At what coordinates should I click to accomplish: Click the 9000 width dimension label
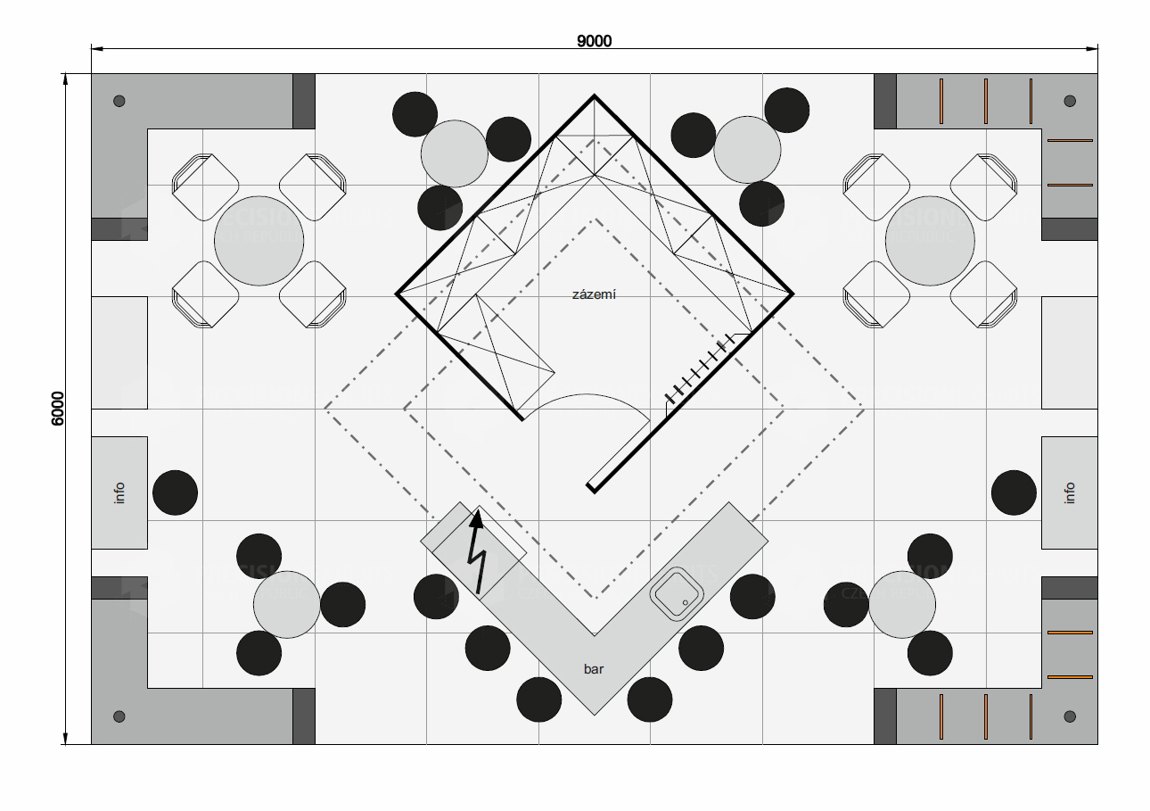click(x=594, y=40)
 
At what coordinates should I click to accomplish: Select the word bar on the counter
click(x=594, y=668)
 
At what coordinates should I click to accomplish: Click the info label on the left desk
click(x=119, y=492)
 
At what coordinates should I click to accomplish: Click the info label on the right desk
click(x=1070, y=492)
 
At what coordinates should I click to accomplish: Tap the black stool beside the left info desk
click(x=176, y=492)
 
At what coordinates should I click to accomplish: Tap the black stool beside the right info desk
click(x=1014, y=492)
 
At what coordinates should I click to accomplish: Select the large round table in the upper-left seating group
click(x=259, y=241)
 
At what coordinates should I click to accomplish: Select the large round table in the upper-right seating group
click(x=930, y=241)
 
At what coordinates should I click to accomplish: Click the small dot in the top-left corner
click(x=119, y=101)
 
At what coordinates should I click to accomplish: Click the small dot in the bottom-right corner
click(x=1070, y=716)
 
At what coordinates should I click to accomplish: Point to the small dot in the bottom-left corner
click(x=119, y=716)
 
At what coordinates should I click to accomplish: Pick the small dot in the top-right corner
click(x=1070, y=101)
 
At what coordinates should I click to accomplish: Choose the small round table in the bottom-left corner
click(x=286, y=605)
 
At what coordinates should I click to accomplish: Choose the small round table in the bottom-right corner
click(x=901, y=605)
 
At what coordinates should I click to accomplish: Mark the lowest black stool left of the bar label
click(x=538, y=699)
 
